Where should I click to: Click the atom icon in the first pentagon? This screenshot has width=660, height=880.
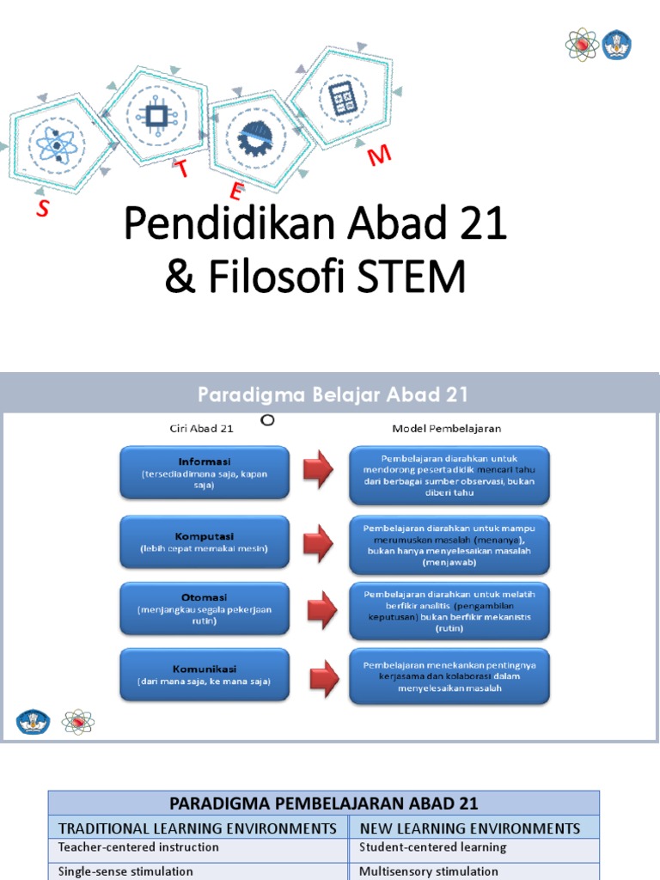pyautogui.click(x=57, y=147)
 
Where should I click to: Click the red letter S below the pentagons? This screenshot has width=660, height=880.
pyautogui.click(x=42, y=208)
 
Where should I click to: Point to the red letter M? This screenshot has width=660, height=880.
pyautogui.click(x=379, y=156)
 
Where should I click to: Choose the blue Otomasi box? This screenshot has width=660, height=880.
pyautogui.click(x=205, y=608)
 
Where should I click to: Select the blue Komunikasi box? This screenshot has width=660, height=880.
pyautogui.click(x=205, y=675)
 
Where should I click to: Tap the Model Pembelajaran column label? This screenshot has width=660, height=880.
pyautogui.click(x=447, y=427)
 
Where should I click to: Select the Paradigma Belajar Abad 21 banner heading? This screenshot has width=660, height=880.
pyautogui.click(x=333, y=394)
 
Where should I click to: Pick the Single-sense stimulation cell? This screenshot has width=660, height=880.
pyautogui.click(x=125, y=871)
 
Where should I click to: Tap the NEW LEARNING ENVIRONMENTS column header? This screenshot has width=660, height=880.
pyautogui.click(x=469, y=828)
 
